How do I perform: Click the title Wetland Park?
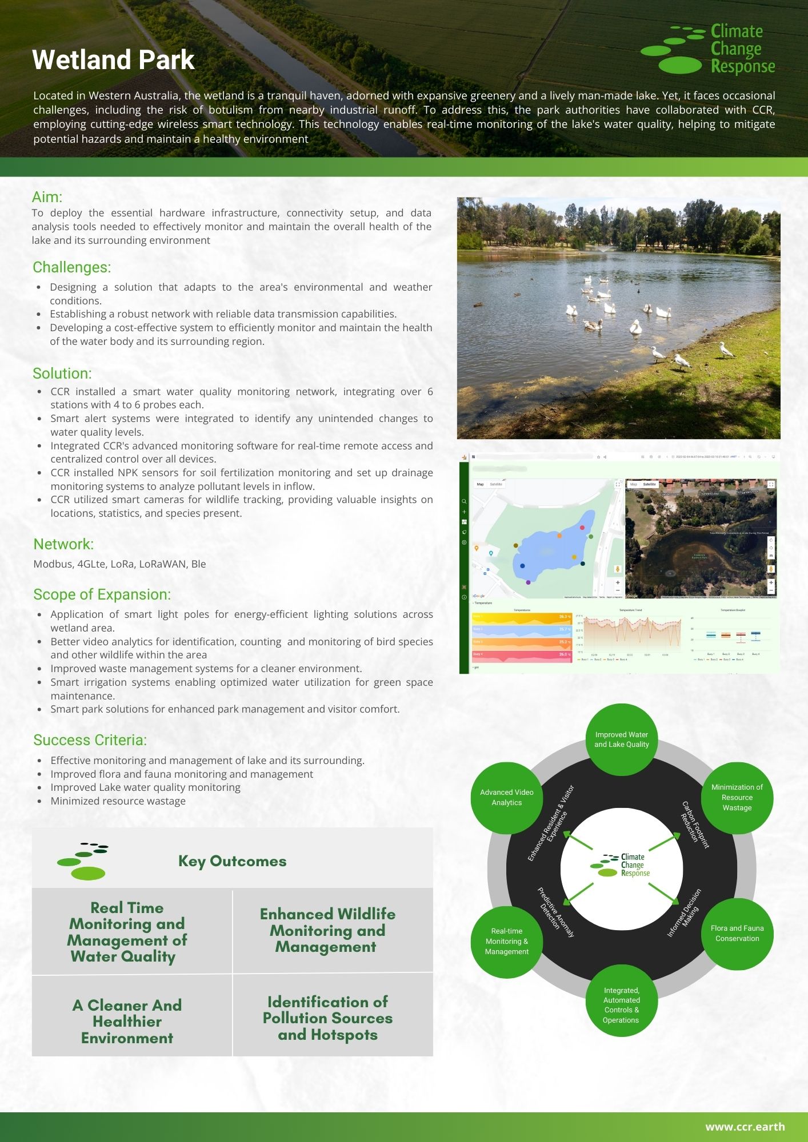pos(113,60)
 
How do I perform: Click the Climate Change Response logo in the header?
pos(708,49)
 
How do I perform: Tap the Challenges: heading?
pos(72,267)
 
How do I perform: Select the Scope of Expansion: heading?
pos(102,594)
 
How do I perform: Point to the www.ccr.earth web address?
pos(745,1127)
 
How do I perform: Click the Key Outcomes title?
pos(232,861)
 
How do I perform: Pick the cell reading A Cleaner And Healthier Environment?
pos(127,1022)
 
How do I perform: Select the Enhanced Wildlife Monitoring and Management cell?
pos(327,930)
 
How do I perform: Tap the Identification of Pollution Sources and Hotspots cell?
pos(327,1018)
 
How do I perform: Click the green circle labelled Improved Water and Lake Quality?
pos(621,739)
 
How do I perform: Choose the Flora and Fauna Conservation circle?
pos(737,934)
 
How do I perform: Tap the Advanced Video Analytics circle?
pos(506,798)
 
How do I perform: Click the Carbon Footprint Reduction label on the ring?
pos(694,826)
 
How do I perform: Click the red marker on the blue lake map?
pos(582,528)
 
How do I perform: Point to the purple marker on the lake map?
pos(528,582)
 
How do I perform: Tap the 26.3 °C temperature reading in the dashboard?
pos(565,617)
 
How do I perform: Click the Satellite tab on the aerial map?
pos(650,484)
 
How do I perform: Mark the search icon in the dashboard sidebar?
pos(464,501)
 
